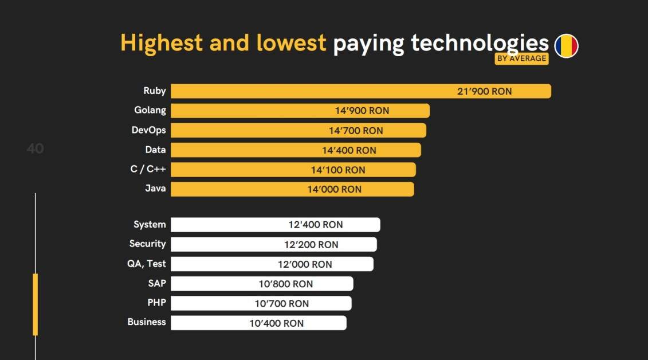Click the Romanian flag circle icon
point(566,46)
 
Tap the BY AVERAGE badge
point(521,58)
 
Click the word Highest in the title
point(162,43)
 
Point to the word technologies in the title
point(480,44)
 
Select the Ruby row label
point(155,91)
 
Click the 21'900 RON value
point(484,91)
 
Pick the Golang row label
point(150,111)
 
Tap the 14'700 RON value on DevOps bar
point(356,131)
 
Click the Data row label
point(155,150)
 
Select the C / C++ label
point(148,169)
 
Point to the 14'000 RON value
point(335,189)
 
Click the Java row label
point(155,189)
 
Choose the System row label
point(150,225)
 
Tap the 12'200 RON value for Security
point(311,245)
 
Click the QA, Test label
point(146,264)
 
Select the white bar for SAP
point(262,284)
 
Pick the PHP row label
point(156,303)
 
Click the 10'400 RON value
point(277,323)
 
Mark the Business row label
point(147,322)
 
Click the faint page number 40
point(35,148)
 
